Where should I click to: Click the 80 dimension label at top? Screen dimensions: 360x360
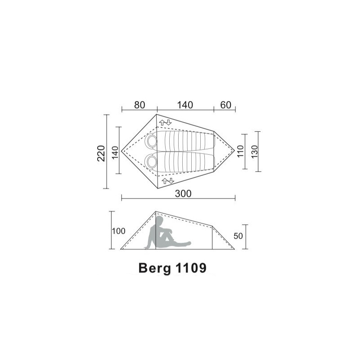[x=139, y=105]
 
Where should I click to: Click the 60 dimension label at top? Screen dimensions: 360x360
[x=225, y=105]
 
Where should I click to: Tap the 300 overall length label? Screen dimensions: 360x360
[x=183, y=193]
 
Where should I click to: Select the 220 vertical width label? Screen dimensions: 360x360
[x=101, y=153]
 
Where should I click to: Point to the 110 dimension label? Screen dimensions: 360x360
[x=240, y=151]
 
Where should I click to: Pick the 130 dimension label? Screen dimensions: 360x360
[x=255, y=151]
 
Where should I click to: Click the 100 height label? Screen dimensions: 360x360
[x=118, y=231]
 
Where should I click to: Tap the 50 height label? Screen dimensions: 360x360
[x=238, y=236]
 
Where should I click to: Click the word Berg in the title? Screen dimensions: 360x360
[x=155, y=268]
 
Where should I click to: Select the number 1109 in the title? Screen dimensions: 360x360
[x=191, y=267]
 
